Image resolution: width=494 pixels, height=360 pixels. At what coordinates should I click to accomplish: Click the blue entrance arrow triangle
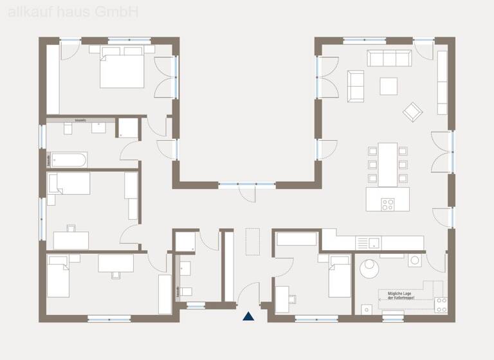tap(248, 316)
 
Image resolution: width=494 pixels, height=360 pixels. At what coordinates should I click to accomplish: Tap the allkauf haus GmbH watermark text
tap(69, 12)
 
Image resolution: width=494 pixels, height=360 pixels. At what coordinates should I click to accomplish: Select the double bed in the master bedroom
tap(122, 70)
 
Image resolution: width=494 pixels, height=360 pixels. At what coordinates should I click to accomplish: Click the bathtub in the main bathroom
tap(68, 159)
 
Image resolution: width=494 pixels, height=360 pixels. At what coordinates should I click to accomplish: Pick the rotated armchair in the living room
tap(412, 112)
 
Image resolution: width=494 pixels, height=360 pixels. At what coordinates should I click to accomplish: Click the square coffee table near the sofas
tap(389, 85)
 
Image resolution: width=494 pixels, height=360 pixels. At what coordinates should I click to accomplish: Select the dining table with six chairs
tap(388, 163)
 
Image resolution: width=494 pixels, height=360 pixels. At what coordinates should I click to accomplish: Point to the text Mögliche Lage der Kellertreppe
tap(399, 296)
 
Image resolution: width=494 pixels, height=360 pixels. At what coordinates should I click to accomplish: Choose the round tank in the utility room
tap(370, 268)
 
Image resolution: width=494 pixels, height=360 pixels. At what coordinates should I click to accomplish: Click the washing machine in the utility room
tap(415, 261)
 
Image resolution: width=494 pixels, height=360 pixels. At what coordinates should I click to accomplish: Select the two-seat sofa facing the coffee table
tap(355, 85)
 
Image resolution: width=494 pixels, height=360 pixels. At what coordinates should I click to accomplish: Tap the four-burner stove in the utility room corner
tap(441, 305)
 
